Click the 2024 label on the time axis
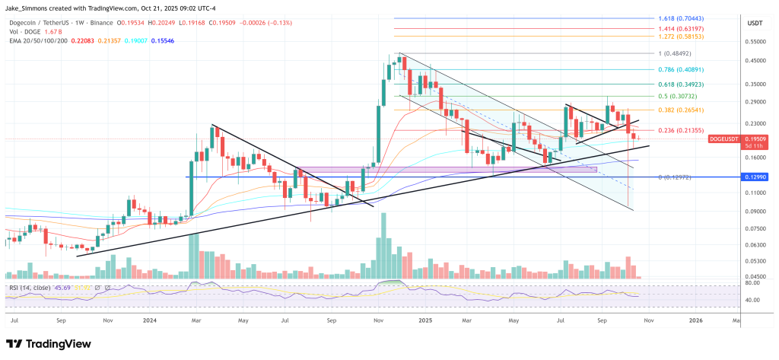(x=149, y=321)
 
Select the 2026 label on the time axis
(x=695, y=321)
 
